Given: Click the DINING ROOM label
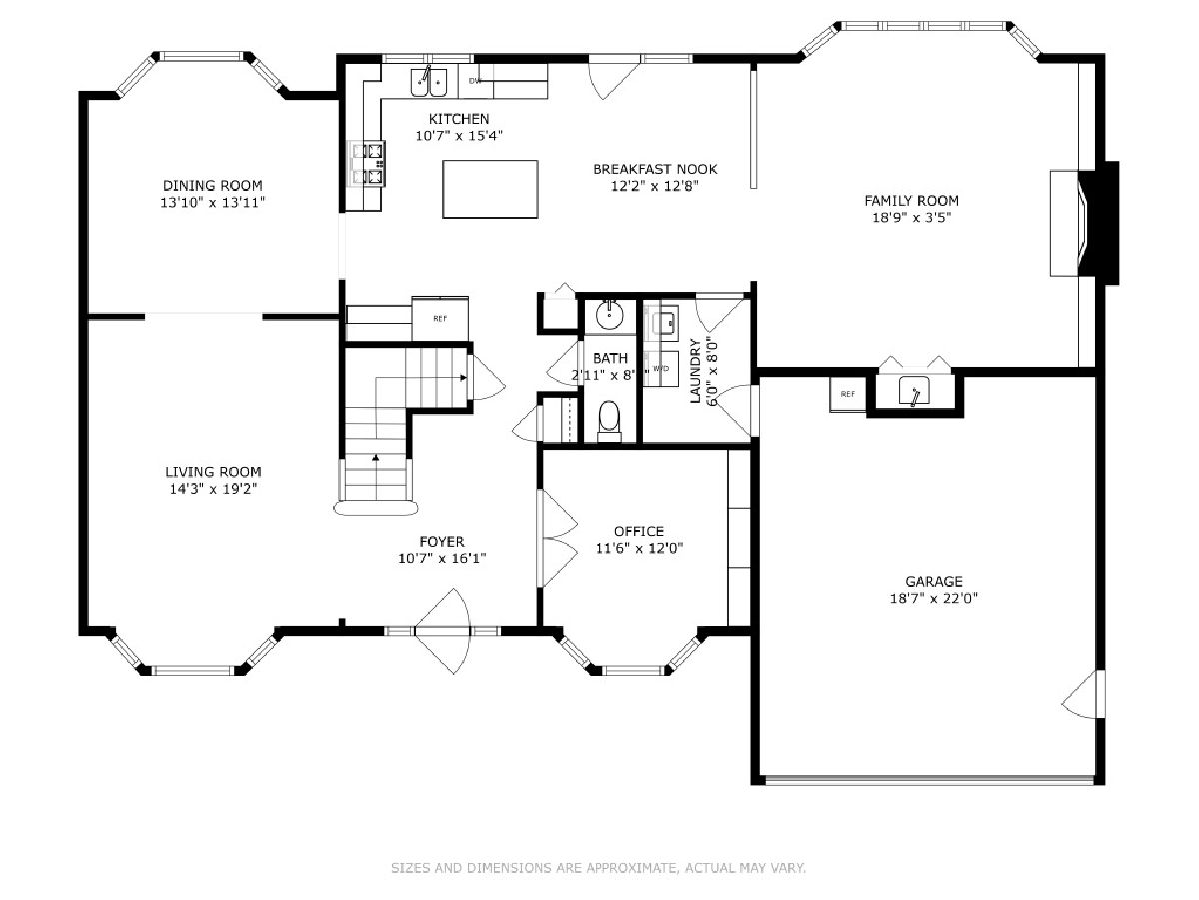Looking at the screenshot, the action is pos(213,185).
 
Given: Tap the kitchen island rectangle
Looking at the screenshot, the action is pos(490,189).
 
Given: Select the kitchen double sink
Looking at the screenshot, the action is pos(429,83).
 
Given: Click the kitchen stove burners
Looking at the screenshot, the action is pos(367,163).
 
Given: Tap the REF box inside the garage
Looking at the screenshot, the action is pos(847,394).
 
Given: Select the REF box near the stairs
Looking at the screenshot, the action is pos(440,319).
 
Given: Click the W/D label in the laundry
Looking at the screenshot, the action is pos(661,368).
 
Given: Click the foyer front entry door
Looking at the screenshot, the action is pos(443,631).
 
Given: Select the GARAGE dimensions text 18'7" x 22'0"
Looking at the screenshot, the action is pos(933,598).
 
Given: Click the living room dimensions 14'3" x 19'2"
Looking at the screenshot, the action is pos(213,489).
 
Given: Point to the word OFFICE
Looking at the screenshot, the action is pos(639,531).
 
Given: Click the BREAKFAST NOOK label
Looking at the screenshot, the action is pos(654,169).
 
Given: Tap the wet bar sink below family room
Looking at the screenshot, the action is pos(914,391).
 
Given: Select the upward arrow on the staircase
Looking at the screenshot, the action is pos(376,457).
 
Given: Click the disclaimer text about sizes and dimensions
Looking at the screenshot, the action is pos(599,867).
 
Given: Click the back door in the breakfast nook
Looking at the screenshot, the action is pos(612,80).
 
